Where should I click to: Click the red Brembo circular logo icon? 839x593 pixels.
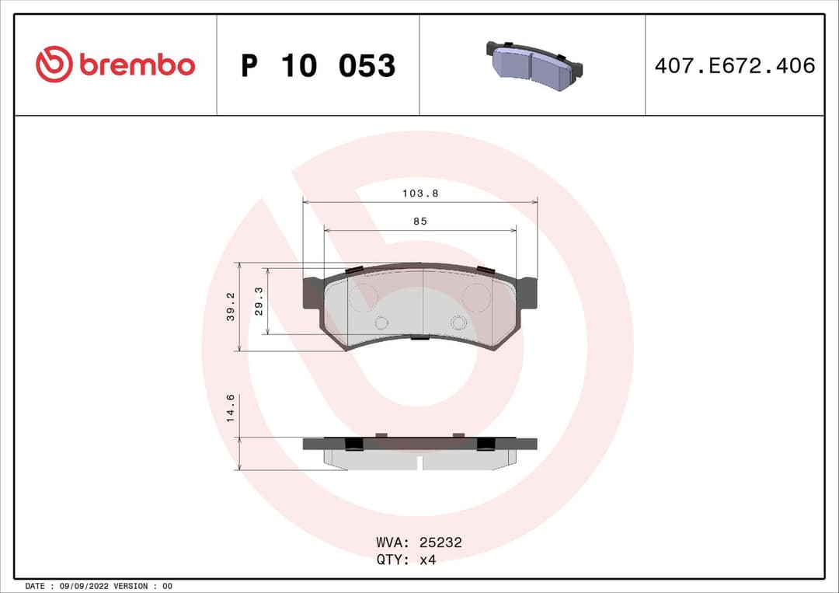pos(54,65)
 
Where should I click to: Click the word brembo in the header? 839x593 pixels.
pos(137,66)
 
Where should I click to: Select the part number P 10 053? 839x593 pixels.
pos(318,66)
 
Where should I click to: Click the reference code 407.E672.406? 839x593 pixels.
pos(734,66)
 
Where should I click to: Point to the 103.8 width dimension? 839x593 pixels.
pos(419,194)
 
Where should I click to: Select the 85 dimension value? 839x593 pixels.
pos(419,222)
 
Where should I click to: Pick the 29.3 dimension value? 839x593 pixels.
pos(259,301)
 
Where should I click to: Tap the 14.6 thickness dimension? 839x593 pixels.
pos(231,408)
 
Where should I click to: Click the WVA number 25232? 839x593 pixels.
pos(440,542)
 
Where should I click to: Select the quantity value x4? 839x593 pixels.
pos(427,560)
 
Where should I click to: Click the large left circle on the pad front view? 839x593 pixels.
pos(363,296)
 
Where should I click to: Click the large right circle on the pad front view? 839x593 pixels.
pos(476,296)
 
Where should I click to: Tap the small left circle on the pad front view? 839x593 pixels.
pos(381,323)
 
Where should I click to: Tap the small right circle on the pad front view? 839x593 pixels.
pos(458,323)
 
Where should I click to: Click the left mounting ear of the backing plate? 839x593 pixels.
pos(312,294)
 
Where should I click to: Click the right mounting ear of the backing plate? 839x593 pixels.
pos(527,292)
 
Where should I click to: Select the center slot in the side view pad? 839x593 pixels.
pos(419,462)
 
